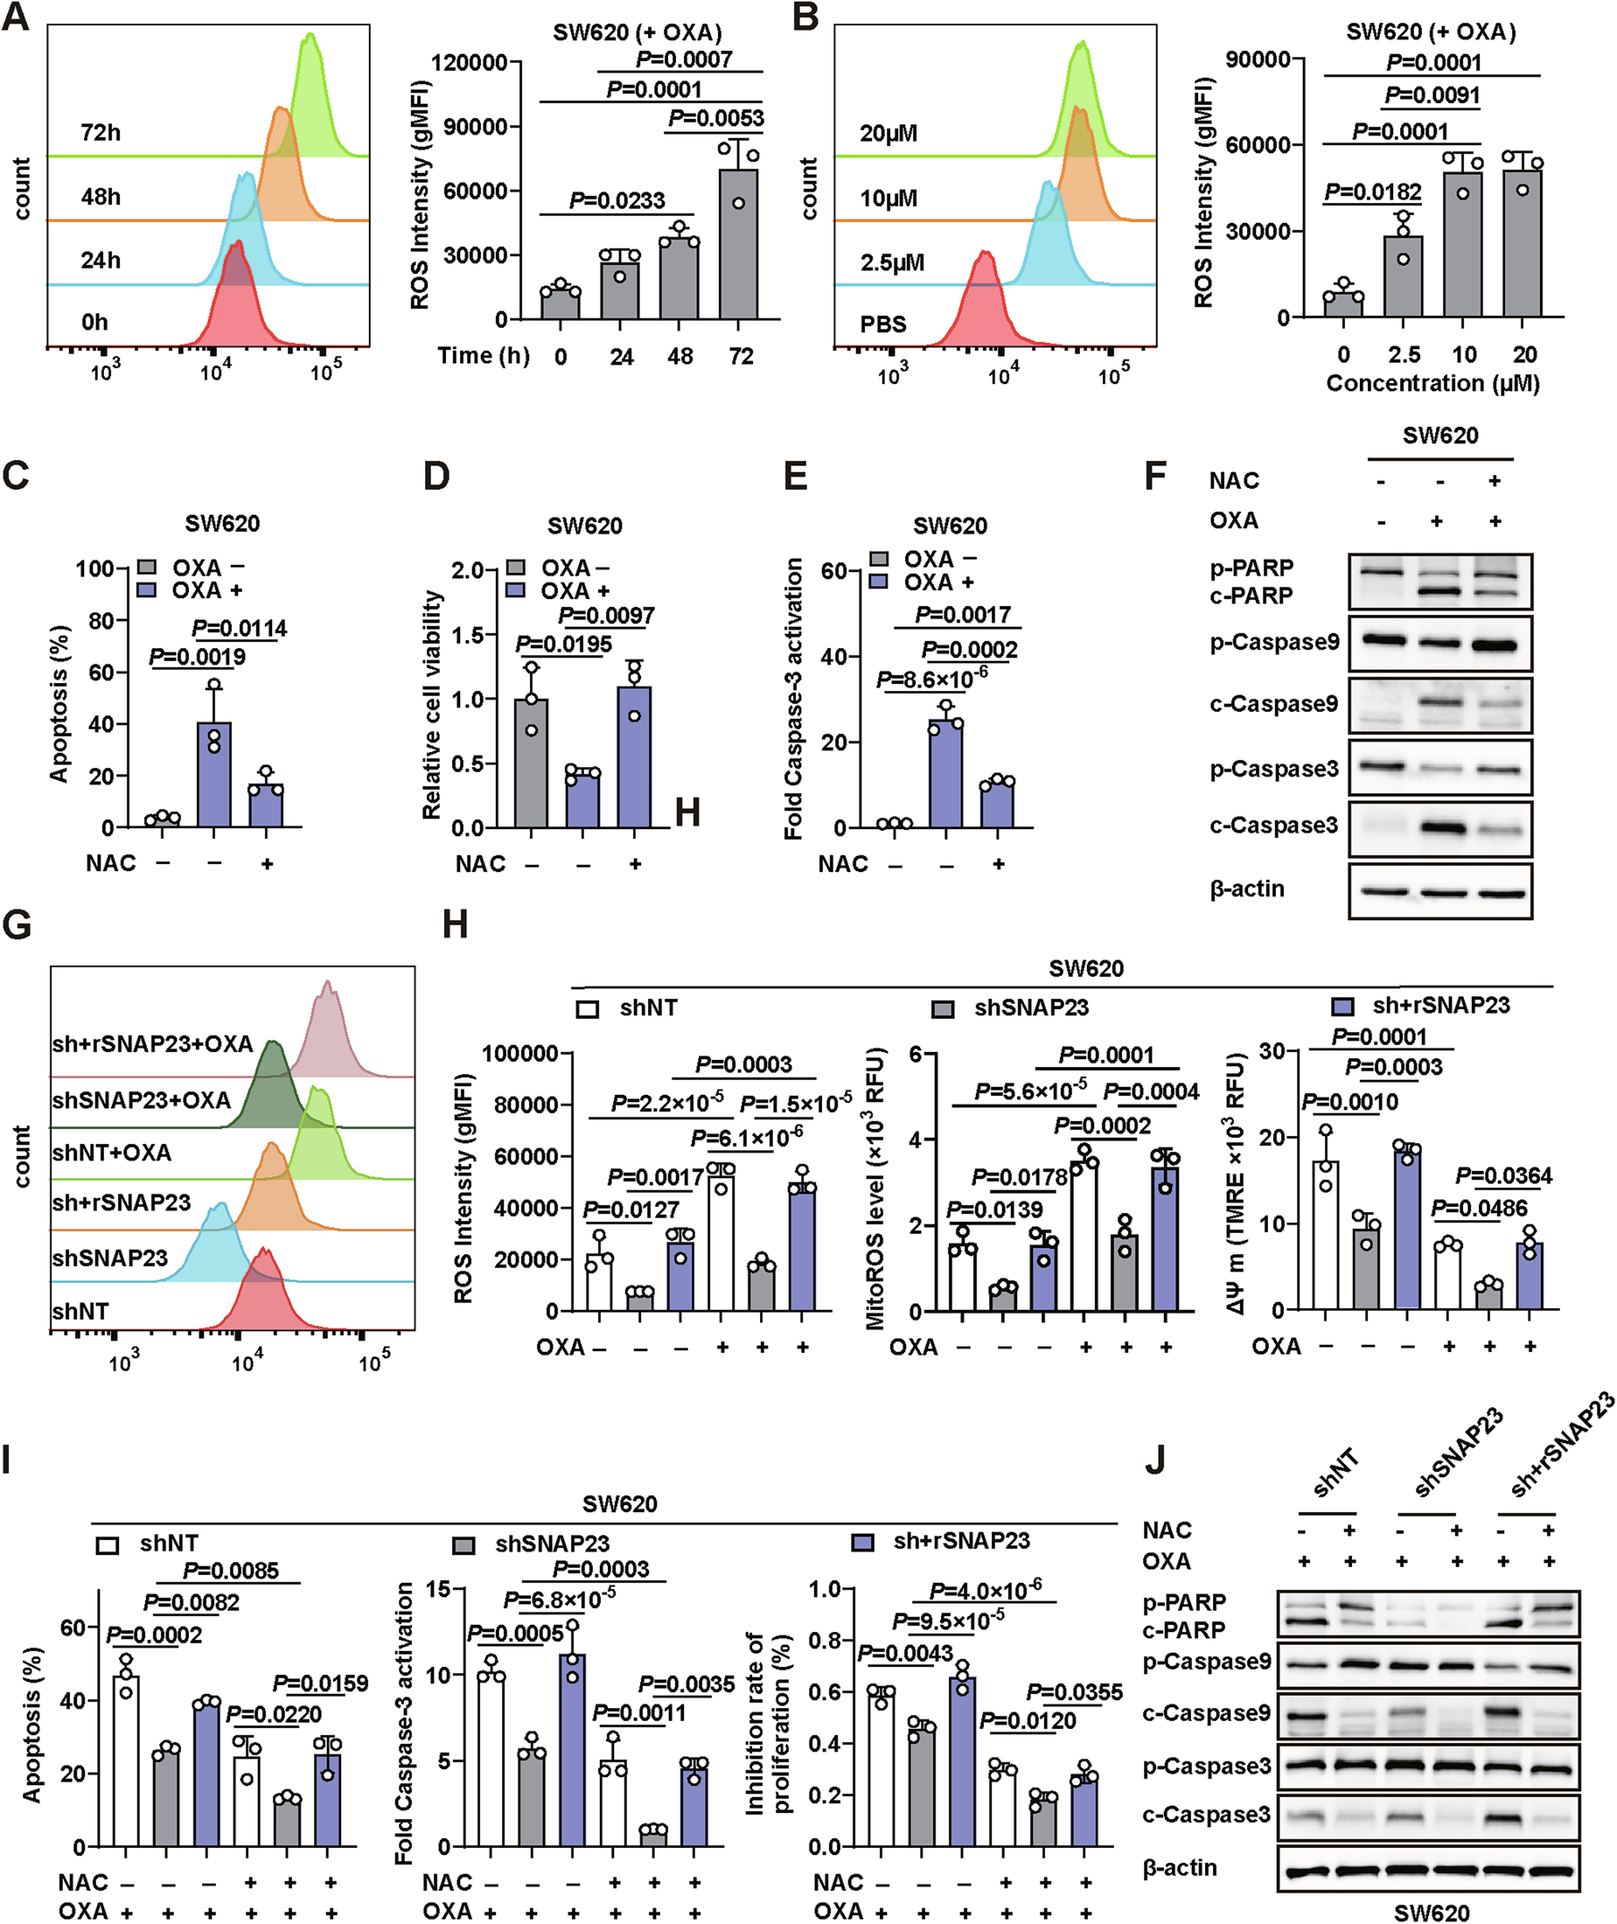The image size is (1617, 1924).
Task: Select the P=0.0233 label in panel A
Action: (617, 199)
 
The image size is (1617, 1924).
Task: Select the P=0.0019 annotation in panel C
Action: (197, 656)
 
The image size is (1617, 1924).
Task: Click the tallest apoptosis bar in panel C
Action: (214, 775)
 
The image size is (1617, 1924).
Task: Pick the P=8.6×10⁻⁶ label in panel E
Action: (931, 680)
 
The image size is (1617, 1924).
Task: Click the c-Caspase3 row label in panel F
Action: (1273, 825)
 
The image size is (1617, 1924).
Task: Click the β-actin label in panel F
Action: (1247, 889)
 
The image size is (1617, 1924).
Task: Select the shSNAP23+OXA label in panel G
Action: (141, 1100)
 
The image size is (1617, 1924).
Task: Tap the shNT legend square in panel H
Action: (587, 1009)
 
